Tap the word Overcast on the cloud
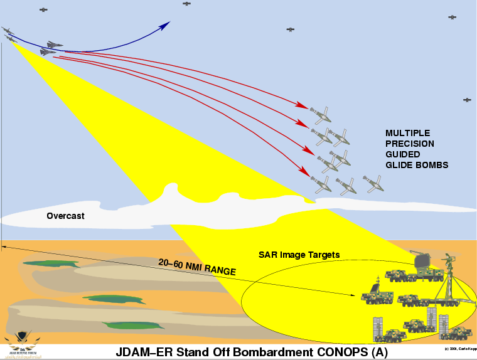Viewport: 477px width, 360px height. [x=65, y=216]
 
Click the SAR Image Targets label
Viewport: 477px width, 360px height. [x=299, y=255]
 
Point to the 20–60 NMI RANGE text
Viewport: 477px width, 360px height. [x=189, y=267]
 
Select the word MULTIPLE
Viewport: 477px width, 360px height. [x=409, y=134]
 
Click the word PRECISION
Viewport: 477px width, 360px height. [x=410, y=144]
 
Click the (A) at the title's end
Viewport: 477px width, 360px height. [x=379, y=352]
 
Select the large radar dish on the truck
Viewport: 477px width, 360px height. [x=419, y=260]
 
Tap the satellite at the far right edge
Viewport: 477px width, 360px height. [x=467, y=100]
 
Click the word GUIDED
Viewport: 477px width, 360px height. [x=402, y=154]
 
